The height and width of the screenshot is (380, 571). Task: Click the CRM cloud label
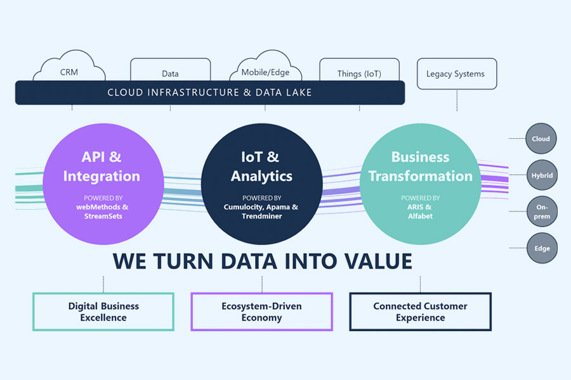[69, 72]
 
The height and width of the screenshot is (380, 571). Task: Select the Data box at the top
[171, 70]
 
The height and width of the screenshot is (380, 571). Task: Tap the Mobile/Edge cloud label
[265, 72]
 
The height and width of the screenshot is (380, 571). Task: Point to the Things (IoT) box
[360, 70]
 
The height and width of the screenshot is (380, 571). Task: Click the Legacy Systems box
[457, 74]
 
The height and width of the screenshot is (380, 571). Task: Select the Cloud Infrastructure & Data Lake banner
[210, 92]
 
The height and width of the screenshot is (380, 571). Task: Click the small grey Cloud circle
[541, 139]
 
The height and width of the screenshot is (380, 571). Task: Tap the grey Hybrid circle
[542, 175]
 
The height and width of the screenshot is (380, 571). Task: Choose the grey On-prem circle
[542, 212]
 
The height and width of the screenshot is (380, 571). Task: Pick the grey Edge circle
[542, 248]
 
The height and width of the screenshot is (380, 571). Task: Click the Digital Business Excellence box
[103, 312]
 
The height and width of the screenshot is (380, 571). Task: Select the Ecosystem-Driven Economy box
[262, 312]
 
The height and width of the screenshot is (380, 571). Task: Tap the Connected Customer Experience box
[420, 312]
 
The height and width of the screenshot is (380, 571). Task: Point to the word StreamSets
[103, 216]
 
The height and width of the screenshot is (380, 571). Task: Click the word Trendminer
[262, 216]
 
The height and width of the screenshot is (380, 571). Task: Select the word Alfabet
[420, 216]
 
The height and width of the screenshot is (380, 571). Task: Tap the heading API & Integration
[102, 167]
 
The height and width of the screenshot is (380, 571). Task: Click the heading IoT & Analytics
[261, 167]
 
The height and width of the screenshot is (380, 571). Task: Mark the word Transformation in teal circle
[420, 176]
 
